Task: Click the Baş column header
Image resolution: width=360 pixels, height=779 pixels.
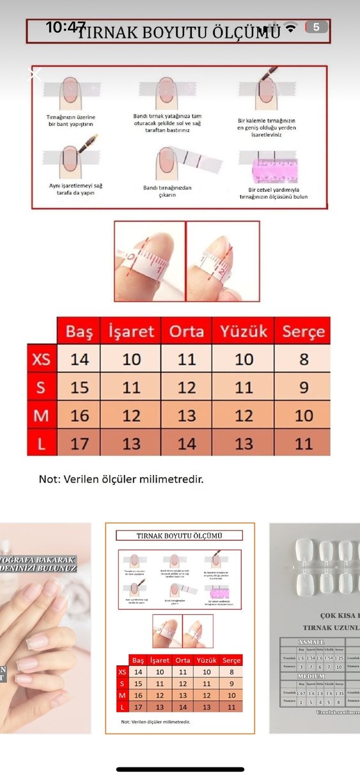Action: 79,331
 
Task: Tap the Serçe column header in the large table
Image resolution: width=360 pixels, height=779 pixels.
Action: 303,331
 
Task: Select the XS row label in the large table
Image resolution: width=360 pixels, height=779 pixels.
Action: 42,359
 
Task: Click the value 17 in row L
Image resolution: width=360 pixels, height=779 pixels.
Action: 79,443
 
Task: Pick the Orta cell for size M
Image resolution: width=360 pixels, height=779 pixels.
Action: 186,415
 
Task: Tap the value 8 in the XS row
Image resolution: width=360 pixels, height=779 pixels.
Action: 303,359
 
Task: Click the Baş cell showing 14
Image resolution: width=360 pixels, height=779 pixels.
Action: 79,359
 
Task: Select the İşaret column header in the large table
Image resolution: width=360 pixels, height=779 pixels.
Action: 131,331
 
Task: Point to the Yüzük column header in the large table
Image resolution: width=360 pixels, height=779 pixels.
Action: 244,331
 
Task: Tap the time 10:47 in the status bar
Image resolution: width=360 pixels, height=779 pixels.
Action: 65,27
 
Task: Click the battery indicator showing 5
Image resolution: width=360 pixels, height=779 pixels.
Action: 317,27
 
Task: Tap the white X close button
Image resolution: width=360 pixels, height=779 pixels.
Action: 36,74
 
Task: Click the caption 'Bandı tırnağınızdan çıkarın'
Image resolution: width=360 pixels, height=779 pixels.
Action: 168,191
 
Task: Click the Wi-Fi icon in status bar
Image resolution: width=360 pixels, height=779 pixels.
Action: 291,27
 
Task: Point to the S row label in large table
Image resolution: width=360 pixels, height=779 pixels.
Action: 42,387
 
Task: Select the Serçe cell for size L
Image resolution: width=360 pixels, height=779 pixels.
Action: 303,443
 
